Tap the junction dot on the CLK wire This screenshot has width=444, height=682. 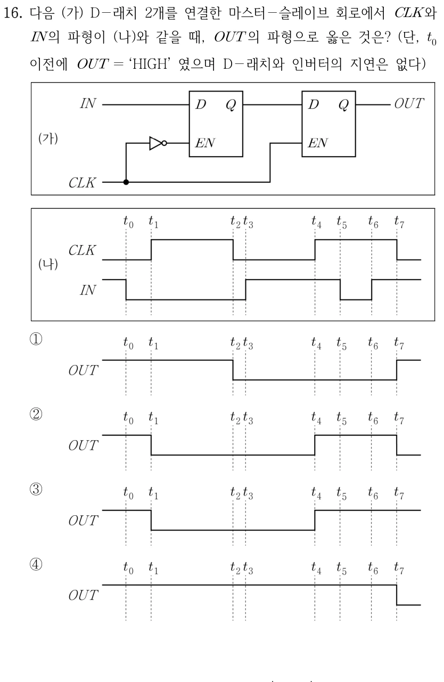pyautogui.click(x=126, y=182)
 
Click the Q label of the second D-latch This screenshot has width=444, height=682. pyautogui.click(x=343, y=105)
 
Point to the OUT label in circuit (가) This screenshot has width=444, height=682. pyautogui.click(x=409, y=103)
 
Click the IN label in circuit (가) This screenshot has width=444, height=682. pyautogui.click(x=88, y=103)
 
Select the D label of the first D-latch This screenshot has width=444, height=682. pyautogui.click(x=201, y=104)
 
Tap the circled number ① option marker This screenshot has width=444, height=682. pyautogui.click(x=36, y=339)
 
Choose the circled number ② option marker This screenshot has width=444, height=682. pyautogui.click(x=36, y=414)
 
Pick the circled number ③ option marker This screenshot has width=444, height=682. pyautogui.click(x=36, y=489)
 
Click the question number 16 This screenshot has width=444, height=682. pyautogui.click(x=13, y=13)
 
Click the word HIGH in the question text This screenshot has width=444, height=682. pyautogui.click(x=150, y=64)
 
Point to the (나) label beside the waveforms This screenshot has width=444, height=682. pyautogui.click(x=48, y=264)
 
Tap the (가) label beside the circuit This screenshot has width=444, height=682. pyautogui.click(x=48, y=139)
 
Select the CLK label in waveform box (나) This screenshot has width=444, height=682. pyautogui.click(x=82, y=250)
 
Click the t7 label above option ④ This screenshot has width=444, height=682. pyautogui.click(x=399, y=568)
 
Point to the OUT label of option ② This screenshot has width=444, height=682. pyautogui.click(x=83, y=445)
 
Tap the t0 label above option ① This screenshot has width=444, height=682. pyautogui.click(x=128, y=343)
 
